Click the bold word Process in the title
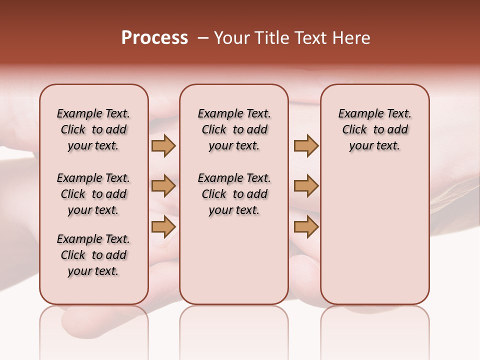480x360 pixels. [154, 38]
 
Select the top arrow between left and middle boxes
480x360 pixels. [163, 145]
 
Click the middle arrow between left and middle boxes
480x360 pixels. [163, 186]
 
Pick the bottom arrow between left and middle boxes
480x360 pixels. [163, 226]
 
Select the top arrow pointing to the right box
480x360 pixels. [306, 145]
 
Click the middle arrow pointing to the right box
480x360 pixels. [306, 186]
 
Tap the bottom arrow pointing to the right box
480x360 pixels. [306, 226]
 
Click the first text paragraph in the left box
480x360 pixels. [93, 129]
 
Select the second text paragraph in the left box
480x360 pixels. [93, 194]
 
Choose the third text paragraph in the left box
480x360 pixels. [93, 255]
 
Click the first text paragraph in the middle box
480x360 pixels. [234, 129]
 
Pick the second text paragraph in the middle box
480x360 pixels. [234, 194]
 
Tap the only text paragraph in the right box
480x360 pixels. [374, 129]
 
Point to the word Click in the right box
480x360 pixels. [354, 130]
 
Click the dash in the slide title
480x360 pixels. [203, 38]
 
